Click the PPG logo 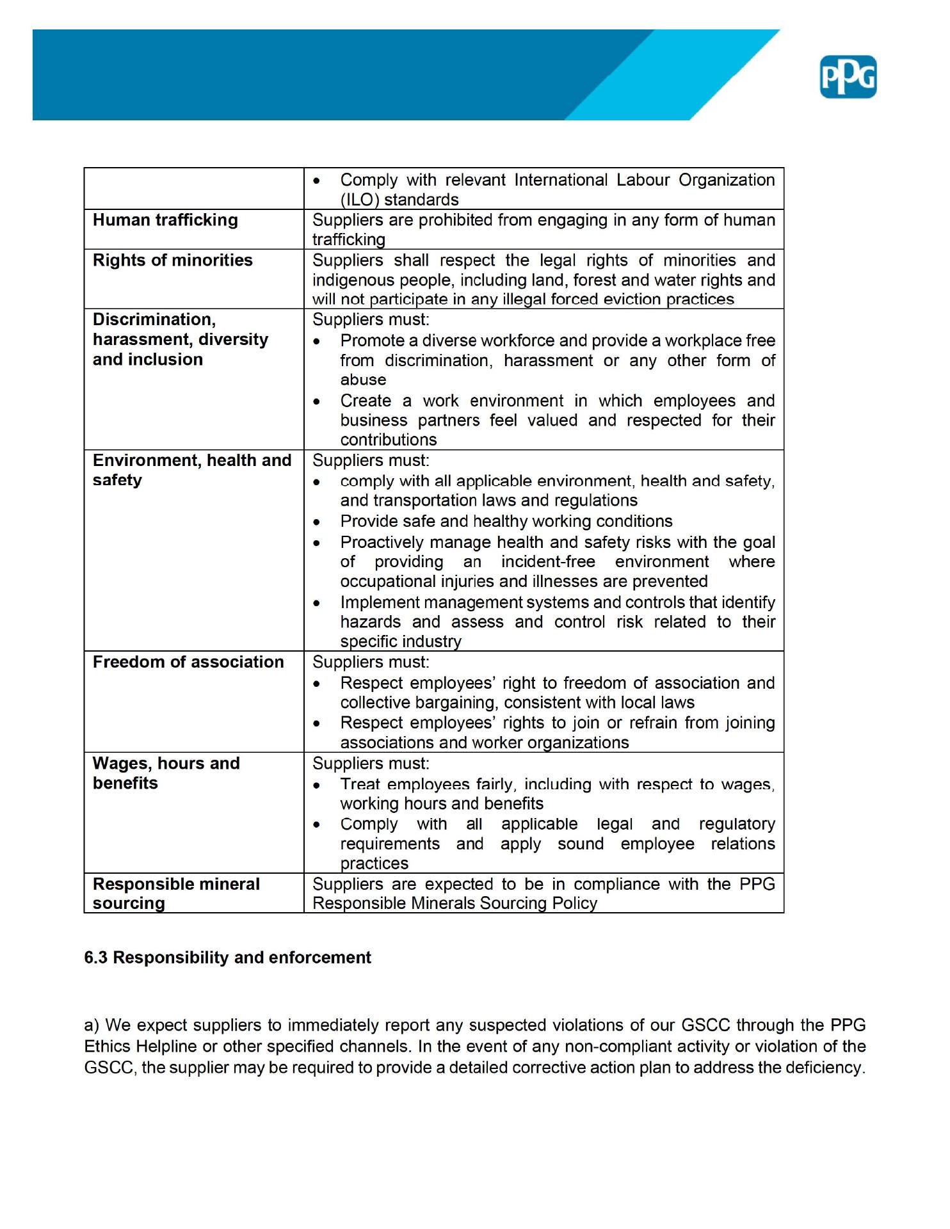click(x=848, y=77)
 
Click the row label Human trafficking click(x=165, y=220)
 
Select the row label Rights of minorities click(x=172, y=260)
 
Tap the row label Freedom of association click(x=188, y=662)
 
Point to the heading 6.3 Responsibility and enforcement click(x=227, y=958)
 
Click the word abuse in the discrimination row click(x=363, y=380)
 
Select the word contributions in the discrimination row click(x=388, y=440)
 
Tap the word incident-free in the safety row click(x=548, y=562)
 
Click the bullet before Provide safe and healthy click(x=317, y=522)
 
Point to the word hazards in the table click(x=371, y=622)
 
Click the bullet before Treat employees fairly click(x=317, y=785)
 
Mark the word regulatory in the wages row click(x=736, y=824)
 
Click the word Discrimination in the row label click(x=154, y=319)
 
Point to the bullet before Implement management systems click(x=317, y=603)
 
